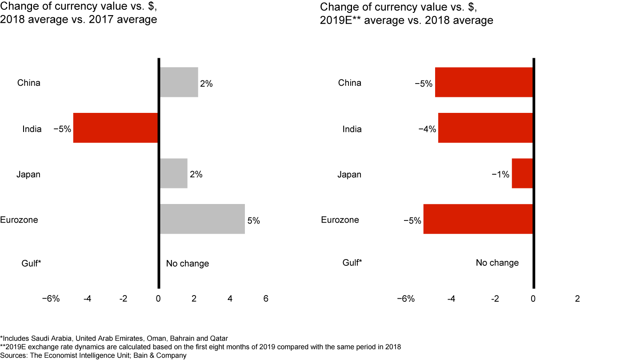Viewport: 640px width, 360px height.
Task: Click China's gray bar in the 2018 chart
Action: tap(179, 82)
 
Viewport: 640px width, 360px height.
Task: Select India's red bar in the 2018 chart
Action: tap(116, 128)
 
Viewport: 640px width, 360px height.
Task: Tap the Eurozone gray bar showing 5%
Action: tap(202, 219)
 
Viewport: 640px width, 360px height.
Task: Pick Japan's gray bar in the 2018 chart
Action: tap(173, 173)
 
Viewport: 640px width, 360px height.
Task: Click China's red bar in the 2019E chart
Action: tap(484, 82)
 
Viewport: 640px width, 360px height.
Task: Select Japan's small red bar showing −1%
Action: tap(522, 173)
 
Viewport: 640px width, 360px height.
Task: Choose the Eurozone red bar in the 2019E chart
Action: tap(478, 219)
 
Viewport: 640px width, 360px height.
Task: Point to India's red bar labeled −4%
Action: tap(485, 128)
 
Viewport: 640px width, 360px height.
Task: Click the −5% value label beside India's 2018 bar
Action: tap(62, 129)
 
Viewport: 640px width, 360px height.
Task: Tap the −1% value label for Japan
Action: tap(500, 175)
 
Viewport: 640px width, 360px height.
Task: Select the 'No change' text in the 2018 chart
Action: tap(188, 264)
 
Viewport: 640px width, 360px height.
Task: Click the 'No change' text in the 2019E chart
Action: tap(497, 263)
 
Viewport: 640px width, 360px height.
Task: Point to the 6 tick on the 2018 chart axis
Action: tap(266, 299)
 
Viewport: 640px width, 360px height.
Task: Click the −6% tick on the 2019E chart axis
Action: tap(406, 299)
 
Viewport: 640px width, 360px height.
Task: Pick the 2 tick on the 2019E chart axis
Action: tap(577, 299)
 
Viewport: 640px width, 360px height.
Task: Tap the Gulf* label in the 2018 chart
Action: tap(32, 264)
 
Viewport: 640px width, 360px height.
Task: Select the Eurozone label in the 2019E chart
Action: tap(340, 220)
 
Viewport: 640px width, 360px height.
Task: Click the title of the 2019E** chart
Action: tap(406, 14)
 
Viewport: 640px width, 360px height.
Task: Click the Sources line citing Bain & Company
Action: tap(93, 355)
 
